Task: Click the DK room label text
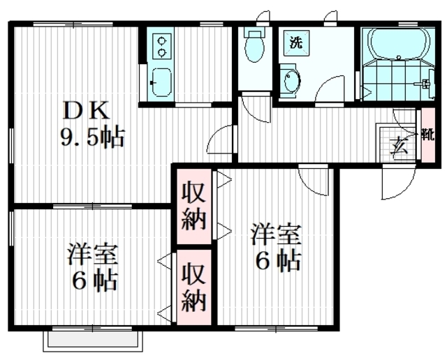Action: (x=87, y=111)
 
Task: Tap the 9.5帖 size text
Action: (x=93, y=138)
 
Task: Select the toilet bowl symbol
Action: (x=254, y=47)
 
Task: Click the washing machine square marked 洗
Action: (x=296, y=43)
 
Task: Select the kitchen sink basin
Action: (x=161, y=82)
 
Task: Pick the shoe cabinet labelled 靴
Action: (x=428, y=135)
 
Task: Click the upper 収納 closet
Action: (x=194, y=207)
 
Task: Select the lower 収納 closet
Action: (x=194, y=287)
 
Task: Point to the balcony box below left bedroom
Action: (x=93, y=341)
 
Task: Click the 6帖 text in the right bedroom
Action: (x=278, y=261)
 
